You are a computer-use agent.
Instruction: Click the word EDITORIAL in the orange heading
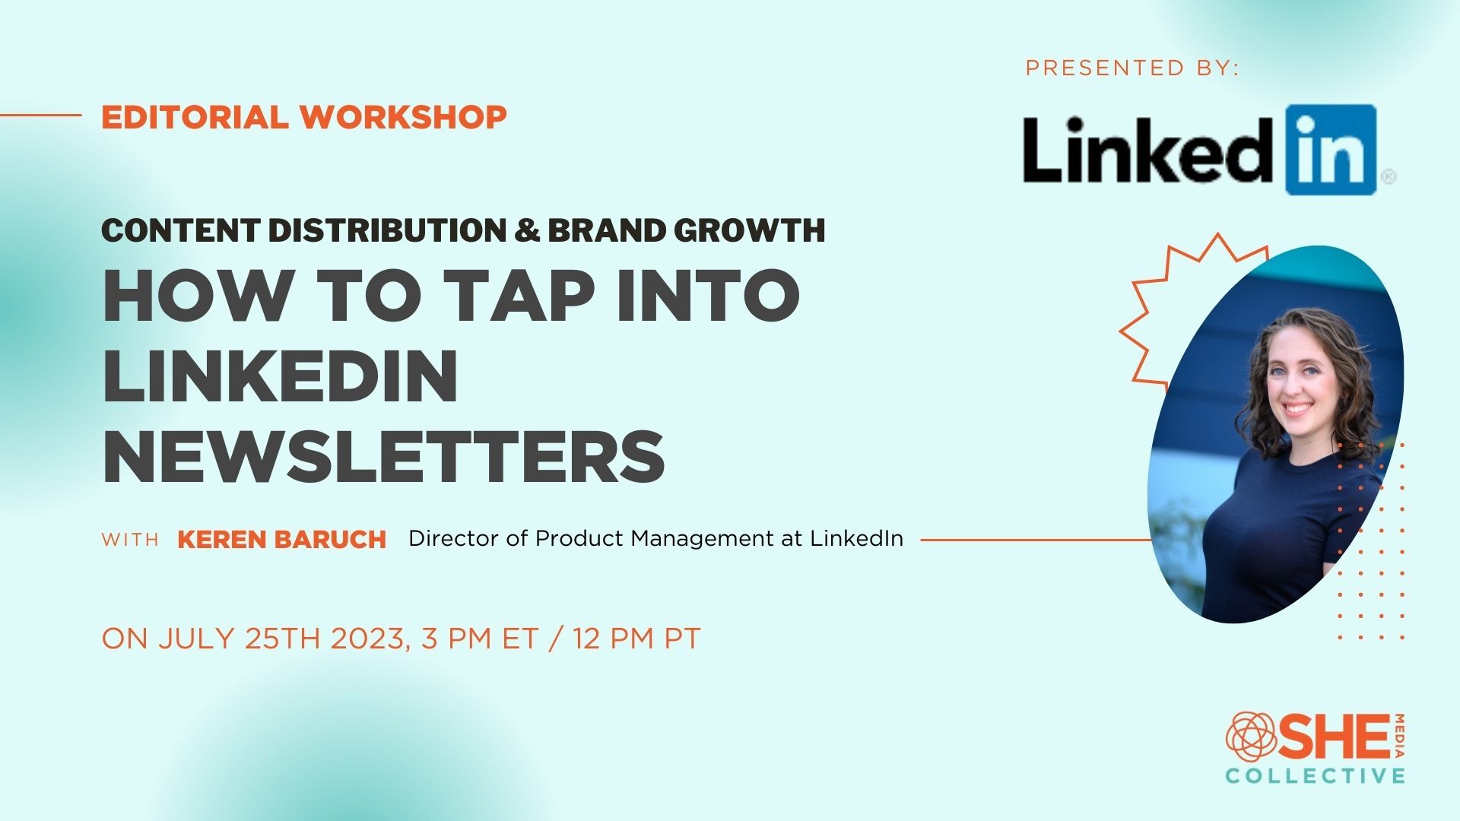point(195,117)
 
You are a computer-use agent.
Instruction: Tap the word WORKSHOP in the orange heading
point(403,117)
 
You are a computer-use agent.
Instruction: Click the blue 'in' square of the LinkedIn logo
point(1331,150)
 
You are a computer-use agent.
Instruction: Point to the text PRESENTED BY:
point(1132,68)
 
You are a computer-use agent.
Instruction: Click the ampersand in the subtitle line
point(525,230)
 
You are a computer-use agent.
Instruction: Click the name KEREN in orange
point(222,540)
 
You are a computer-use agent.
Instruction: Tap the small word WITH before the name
point(130,540)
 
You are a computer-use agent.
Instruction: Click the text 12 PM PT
point(636,639)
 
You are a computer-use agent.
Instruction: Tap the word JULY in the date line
point(197,639)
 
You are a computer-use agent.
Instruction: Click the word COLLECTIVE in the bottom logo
point(1315,776)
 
